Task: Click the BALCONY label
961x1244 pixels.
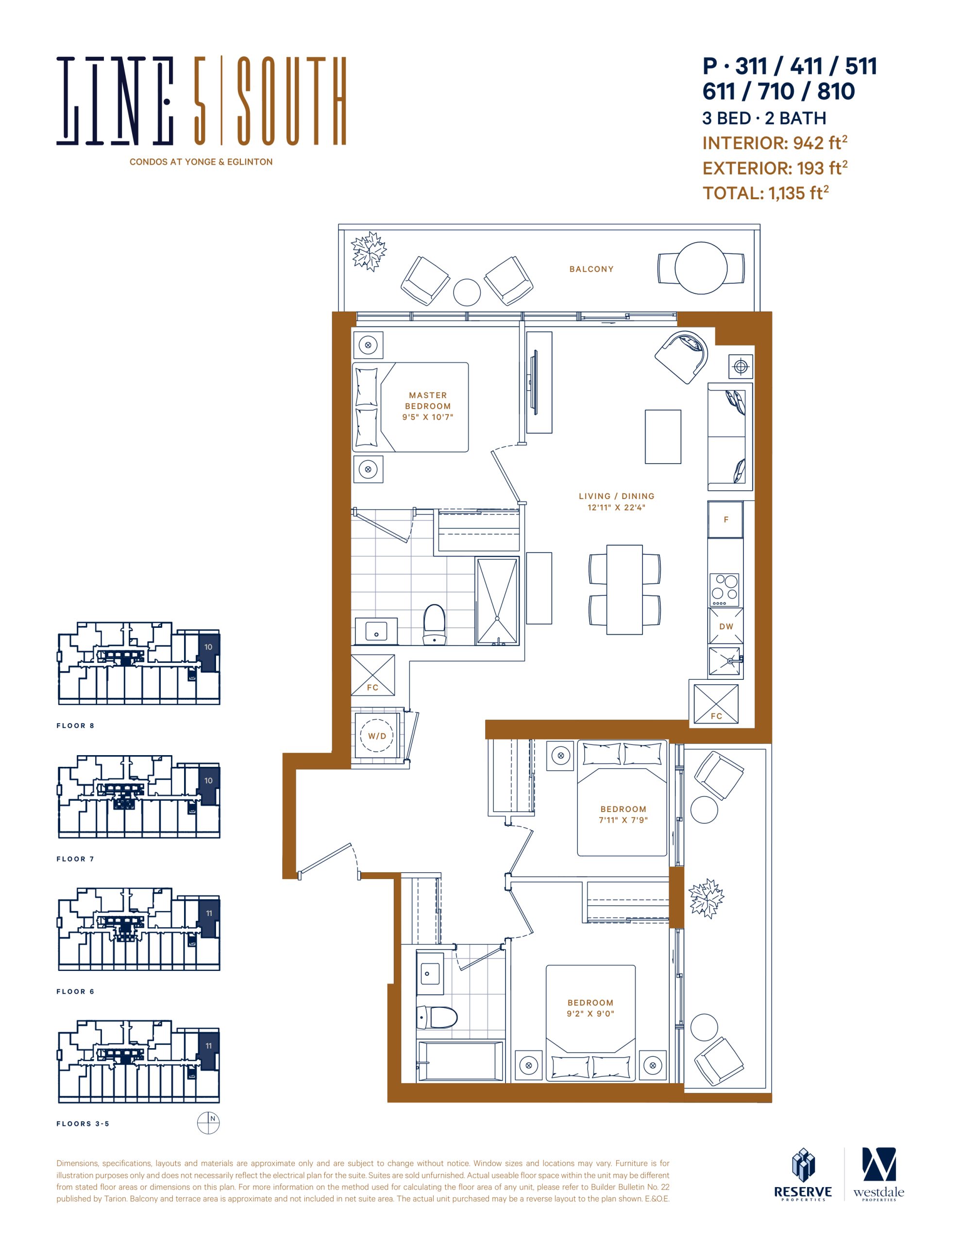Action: point(591,269)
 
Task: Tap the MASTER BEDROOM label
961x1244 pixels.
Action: point(427,400)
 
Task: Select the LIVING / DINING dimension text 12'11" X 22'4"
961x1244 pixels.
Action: point(617,507)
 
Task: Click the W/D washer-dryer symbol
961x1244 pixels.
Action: point(377,736)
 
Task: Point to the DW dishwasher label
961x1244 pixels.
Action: point(726,626)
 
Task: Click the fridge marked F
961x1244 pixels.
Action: point(725,519)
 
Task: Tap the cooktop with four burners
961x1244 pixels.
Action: point(724,590)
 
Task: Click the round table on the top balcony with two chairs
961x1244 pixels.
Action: point(701,268)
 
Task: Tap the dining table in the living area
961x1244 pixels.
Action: point(624,589)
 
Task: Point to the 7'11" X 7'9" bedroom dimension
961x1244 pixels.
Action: point(624,820)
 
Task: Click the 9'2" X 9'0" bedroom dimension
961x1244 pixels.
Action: point(590,1014)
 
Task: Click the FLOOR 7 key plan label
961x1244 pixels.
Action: point(75,859)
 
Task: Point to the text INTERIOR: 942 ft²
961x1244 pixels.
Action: point(775,143)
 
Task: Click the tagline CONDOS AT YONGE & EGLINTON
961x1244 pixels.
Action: point(201,162)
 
